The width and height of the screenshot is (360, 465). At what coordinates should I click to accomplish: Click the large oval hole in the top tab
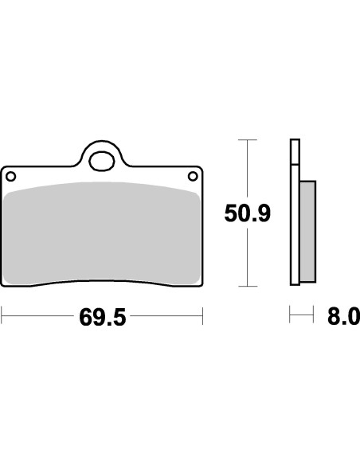[x=102, y=162]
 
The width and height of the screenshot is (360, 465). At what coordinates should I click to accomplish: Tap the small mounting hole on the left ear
[x=11, y=175]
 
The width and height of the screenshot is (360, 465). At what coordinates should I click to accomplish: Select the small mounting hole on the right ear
[x=192, y=175]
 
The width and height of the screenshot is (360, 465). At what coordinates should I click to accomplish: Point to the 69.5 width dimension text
[x=103, y=318]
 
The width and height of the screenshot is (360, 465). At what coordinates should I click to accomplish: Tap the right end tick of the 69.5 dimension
[x=203, y=318]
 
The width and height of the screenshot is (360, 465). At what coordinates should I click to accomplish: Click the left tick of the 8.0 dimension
[x=290, y=318]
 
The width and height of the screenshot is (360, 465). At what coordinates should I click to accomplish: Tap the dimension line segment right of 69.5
[x=167, y=318]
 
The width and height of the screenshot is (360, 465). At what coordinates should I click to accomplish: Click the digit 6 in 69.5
[x=86, y=318]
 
